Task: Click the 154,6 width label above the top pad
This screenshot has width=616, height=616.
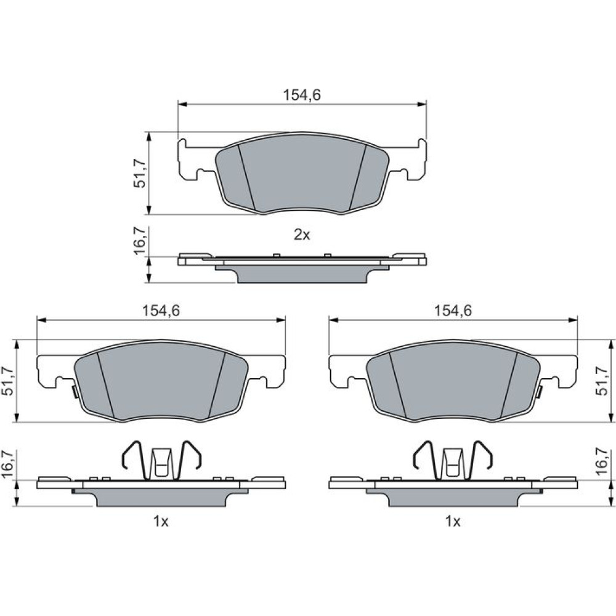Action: click(x=302, y=95)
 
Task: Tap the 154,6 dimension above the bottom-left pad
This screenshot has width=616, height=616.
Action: click(x=161, y=310)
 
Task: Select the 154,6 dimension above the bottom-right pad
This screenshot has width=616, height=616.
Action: click(x=453, y=310)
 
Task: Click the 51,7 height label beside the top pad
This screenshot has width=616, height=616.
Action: click(x=139, y=173)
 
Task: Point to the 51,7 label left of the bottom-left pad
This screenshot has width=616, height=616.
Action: click(x=8, y=381)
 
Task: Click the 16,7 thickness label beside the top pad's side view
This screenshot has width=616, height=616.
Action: click(x=139, y=241)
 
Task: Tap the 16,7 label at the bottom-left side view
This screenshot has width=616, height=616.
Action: click(x=8, y=464)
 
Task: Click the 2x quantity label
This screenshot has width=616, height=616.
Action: click(x=302, y=235)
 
